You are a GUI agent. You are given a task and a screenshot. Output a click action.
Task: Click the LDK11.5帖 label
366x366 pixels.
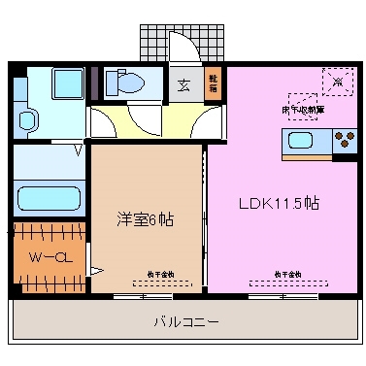click(x=281, y=204)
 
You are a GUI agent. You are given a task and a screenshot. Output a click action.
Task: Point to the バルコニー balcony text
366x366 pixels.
click(x=184, y=320)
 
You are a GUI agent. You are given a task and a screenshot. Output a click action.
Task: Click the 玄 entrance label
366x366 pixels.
click(x=183, y=84)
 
